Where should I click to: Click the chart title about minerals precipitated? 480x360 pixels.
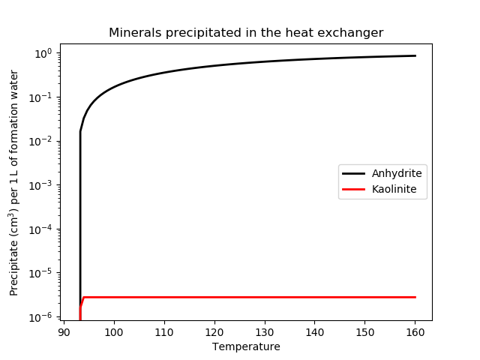point(246,33)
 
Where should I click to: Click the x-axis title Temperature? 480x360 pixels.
point(246,346)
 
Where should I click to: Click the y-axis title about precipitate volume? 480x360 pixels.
point(14,182)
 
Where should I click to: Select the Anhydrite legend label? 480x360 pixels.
point(397,173)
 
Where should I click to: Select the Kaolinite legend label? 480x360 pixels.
point(394,189)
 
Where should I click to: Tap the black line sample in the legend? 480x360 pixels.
point(354,173)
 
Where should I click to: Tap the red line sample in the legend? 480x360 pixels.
point(354,189)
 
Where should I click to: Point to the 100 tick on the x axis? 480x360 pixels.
point(114,331)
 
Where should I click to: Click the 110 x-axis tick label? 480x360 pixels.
point(164,331)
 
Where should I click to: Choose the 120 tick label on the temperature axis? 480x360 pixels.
point(214,331)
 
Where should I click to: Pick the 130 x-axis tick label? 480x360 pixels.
point(265,331)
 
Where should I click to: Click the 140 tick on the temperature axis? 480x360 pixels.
point(315,331)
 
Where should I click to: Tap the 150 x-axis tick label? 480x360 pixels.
point(365,331)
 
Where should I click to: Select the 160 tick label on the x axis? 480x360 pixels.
point(415,331)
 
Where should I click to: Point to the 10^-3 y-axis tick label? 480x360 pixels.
point(42,185)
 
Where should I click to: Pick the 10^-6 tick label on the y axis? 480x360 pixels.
point(42,317)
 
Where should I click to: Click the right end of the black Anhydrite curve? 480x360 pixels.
point(415,56)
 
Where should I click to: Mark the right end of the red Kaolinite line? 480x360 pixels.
point(415,298)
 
